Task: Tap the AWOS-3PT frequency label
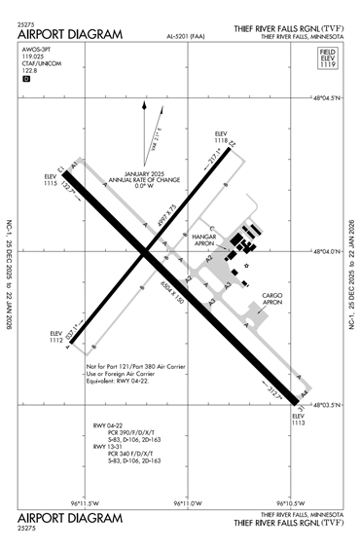(x=35, y=57)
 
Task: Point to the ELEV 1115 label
(x=51, y=181)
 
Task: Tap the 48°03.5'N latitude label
(x=327, y=403)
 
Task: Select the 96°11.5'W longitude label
(x=87, y=502)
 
